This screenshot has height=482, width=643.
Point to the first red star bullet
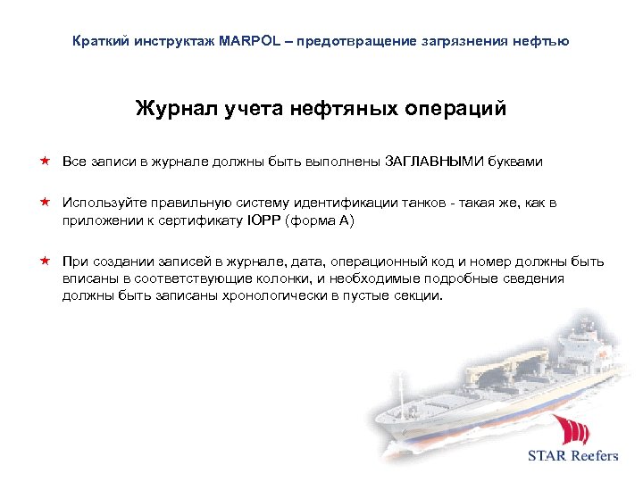click(x=44, y=162)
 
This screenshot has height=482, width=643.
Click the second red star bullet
click(x=44, y=203)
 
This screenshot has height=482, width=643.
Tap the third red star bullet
click(x=44, y=262)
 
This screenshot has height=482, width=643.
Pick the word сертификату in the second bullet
click(x=205, y=220)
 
